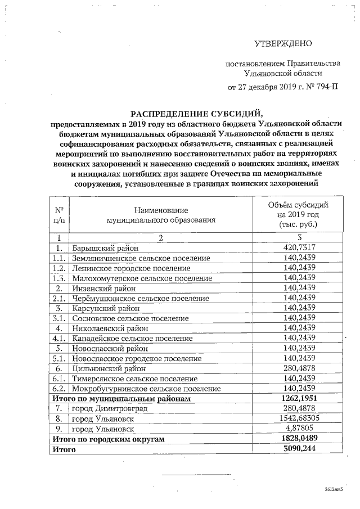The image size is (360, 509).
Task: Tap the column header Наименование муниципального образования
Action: coord(161,214)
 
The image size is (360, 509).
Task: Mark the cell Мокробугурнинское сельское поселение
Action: coord(145,389)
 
